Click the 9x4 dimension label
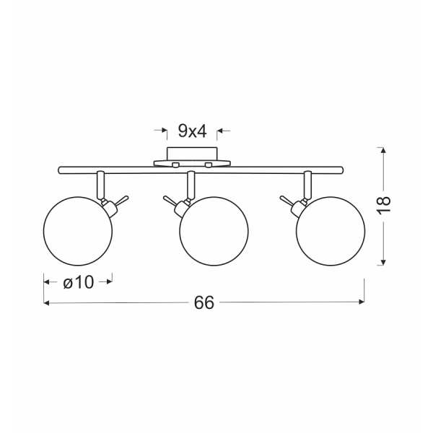point(192,131)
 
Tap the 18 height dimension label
point(384,204)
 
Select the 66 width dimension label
point(204,302)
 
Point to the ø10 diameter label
point(79,282)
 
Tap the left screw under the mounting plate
point(175,165)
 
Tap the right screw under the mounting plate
point(209,165)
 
